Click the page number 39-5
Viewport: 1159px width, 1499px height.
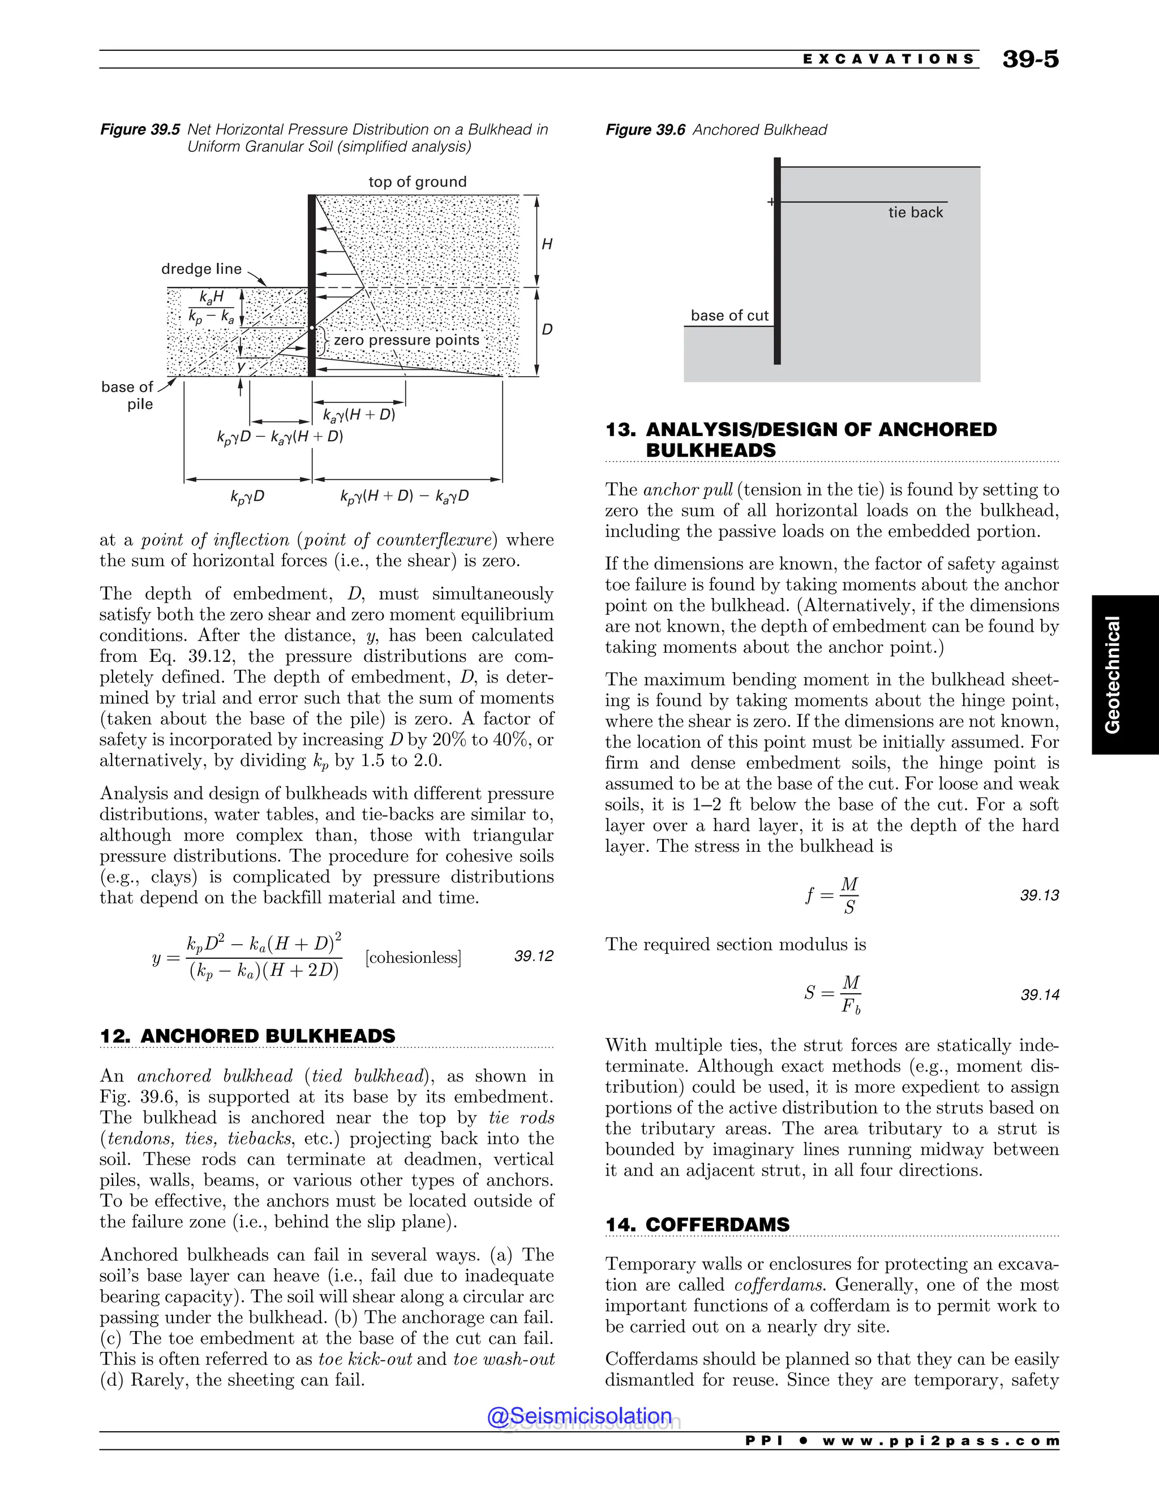(x=1030, y=59)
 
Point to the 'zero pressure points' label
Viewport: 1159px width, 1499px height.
(x=406, y=341)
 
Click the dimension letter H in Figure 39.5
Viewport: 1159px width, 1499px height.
(x=547, y=244)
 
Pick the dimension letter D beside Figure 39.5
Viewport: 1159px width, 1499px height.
(x=547, y=329)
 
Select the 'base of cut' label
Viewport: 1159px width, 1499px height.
(x=729, y=316)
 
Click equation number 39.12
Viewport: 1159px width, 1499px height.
(x=534, y=956)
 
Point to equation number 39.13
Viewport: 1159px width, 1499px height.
(x=1040, y=895)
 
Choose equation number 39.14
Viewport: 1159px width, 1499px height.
(x=1040, y=994)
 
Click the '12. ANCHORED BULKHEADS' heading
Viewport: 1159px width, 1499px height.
(x=248, y=1036)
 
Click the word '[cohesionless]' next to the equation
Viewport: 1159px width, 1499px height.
(x=413, y=958)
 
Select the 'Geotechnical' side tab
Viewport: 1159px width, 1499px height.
(x=1112, y=675)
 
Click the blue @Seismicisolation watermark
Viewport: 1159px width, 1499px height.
(x=579, y=1416)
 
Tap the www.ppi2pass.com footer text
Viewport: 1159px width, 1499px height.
(x=940, y=1441)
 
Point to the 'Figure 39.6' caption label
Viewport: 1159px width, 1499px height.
(x=645, y=130)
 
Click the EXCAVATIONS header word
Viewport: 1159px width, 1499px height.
(x=888, y=59)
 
